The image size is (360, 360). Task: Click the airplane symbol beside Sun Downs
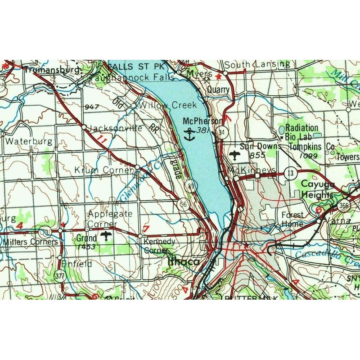pyautogui.click(x=234, y=156)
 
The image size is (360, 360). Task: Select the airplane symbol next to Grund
pyautogui.click(x=107, y=236)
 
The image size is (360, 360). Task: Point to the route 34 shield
pyautogui.click(x=220, y=132)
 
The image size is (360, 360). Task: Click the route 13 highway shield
pyautogui.click(x=289, y=172)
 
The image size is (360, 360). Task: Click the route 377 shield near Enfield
pyautogui.click(x=59, y=274)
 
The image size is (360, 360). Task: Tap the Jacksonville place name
pyautogui.click(x=116, y=128)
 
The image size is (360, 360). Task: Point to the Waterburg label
pyautogui.click(x=29, y=141)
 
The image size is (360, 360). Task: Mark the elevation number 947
pyautogui.click(x=91, y=106)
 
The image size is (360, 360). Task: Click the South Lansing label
pyautogui.click(x=257, y=64)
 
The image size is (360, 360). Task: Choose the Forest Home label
pyautogui.click(x=292, y=218)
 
